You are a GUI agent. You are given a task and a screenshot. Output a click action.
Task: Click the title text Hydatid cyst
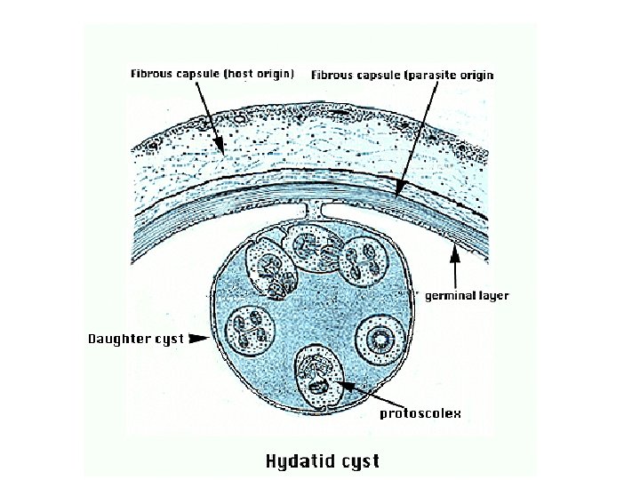coord(323,460)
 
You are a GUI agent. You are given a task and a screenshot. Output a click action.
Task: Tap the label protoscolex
coord(420,413)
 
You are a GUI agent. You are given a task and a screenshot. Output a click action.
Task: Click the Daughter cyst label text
coord(136,339)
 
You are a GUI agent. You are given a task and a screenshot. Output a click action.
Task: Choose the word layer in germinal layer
coord(493,295)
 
